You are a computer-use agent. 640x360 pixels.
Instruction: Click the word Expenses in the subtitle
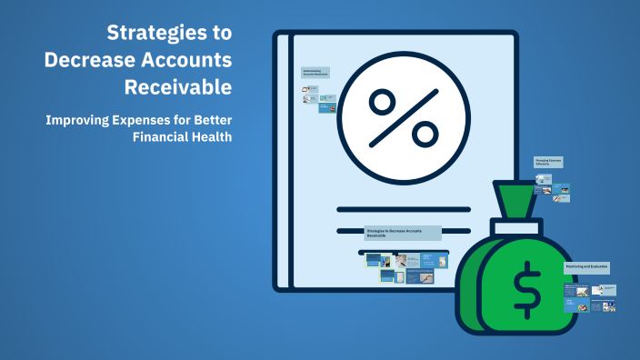155,120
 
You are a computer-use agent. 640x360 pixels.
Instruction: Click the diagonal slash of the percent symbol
400,118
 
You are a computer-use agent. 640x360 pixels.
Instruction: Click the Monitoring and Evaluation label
586,266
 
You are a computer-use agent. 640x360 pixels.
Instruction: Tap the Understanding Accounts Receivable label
315,72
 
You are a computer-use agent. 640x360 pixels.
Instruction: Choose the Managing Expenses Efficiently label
548,162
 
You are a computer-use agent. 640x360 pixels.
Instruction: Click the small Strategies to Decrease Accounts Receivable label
402,233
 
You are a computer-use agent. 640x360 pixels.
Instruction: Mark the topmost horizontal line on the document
403,210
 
